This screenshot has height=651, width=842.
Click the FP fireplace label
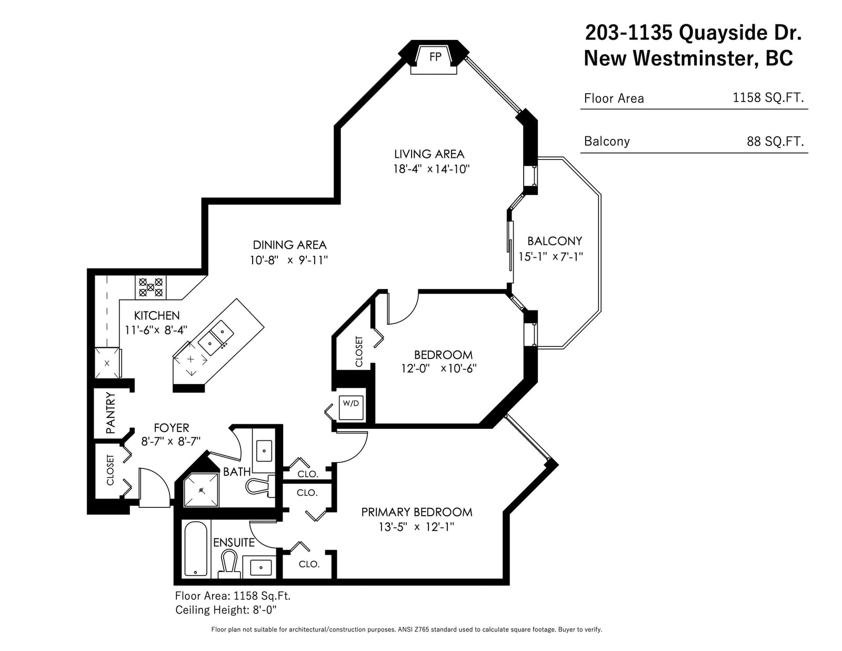[435, 57]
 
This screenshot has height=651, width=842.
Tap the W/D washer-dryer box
[351, 408]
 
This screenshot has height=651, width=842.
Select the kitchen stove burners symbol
[151, 287]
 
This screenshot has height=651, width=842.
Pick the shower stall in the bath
[201, 490]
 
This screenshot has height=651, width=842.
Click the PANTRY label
[111, 413]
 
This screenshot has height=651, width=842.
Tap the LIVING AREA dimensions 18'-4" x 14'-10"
[432, 169]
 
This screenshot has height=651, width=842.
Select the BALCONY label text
[555, 241]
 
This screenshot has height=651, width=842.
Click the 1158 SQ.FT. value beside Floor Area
[768, 98]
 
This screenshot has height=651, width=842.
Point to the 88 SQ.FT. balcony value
[775, 142]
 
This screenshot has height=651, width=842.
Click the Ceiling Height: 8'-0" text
[226, 610]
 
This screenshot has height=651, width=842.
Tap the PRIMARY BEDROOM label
[417, 512]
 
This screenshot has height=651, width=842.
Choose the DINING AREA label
[289, 245]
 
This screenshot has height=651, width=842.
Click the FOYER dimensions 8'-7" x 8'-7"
[171, 442]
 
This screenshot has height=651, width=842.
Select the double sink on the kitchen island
[216, 337]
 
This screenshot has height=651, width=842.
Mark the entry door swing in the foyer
[163, 479]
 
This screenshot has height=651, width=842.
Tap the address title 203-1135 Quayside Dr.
[693, 33]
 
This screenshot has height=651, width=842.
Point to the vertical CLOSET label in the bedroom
[359, 352]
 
